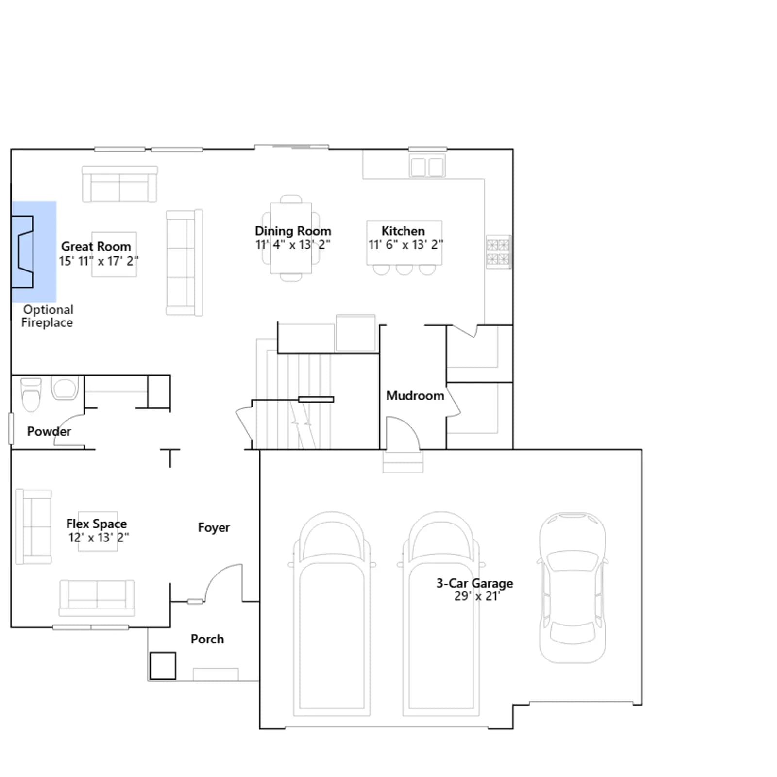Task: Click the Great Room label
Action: (x=96, y=247)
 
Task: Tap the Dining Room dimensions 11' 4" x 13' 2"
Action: (x=293, y=245)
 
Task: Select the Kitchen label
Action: (x=403, y=231)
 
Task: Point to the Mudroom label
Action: (x=415, y=396)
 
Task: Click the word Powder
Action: (x=49, y=431)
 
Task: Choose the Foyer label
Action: (x=214, y=527)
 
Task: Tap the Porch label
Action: (x=207, y=639)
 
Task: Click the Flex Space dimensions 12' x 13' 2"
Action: (x=99, y=538)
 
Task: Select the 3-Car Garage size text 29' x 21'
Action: (x=477, y=596)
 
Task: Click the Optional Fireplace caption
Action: (x=48, y=316)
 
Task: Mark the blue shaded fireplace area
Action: (x=34, y=252)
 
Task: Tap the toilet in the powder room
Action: (x=31, y=394)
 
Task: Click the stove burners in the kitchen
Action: (x=498, y=252)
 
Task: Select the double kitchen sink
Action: (x=427, y=167)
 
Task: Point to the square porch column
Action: (x=163, y=666)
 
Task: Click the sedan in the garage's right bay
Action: (x=573, y=588)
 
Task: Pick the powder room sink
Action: (x=65, y=388)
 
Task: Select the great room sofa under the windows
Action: (x=119, y=184)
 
